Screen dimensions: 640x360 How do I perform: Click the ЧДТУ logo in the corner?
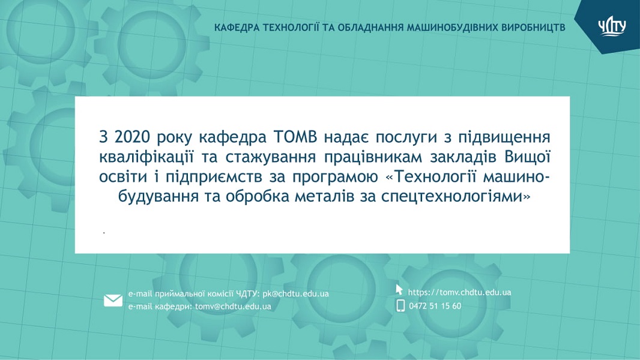[x=612, y=28]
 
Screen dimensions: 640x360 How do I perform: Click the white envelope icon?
[x=113, y=301]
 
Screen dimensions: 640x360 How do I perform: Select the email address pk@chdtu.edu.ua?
[x=295, y=293]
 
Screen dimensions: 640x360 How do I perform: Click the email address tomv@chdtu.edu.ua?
[x=233, y=306]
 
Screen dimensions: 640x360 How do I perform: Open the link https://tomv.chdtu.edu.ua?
[x=460, y=292]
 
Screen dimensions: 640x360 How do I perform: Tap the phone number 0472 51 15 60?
[x=435, y=306]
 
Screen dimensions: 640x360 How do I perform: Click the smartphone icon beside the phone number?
[x=400, y=305]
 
